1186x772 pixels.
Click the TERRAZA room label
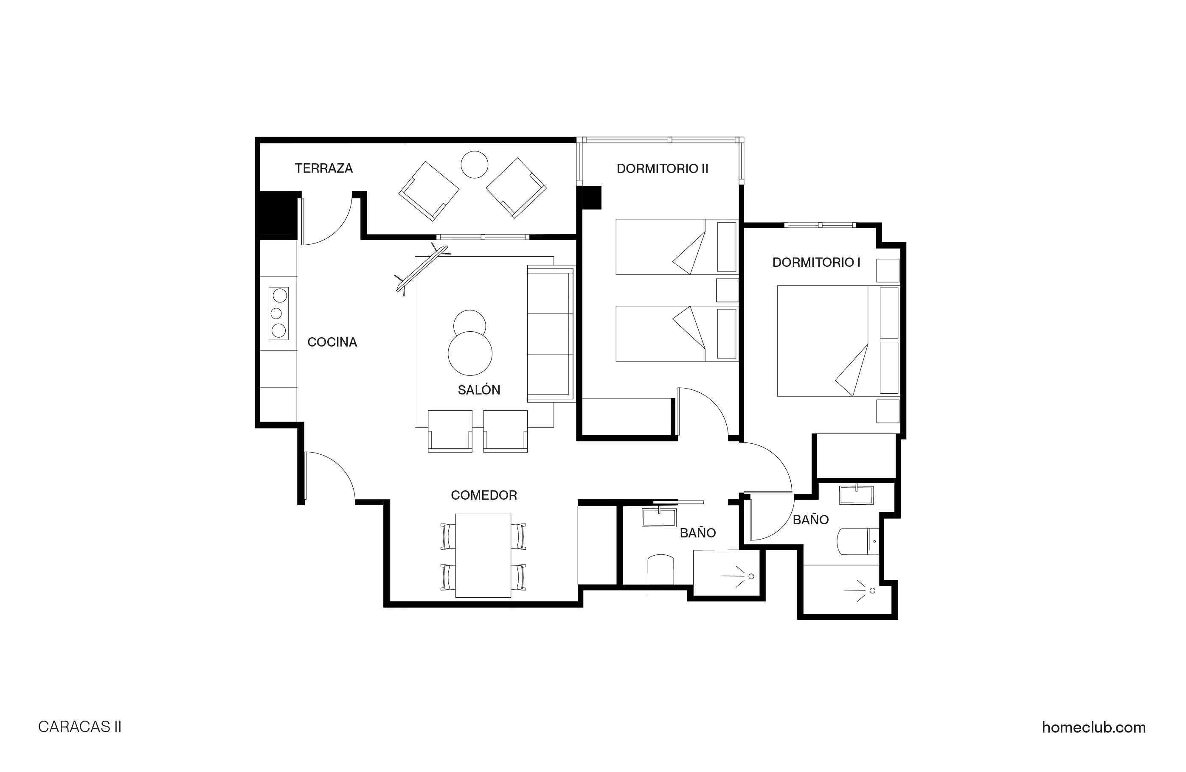tap(323, 168)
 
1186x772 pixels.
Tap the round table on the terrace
tap(474, 164)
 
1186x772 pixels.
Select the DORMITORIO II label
tap(662, 169)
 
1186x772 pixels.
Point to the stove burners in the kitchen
tap(278, 313)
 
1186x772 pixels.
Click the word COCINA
tap(332, 342)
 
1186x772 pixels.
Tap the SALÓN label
tap(478, 390)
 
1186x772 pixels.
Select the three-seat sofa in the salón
tap(550, 334)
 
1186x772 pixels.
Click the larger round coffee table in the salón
tap(470, 354)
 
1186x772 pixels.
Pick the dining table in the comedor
tap(483, 555)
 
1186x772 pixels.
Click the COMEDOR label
tap(483, 495)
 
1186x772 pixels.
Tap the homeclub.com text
tap(1093, 727)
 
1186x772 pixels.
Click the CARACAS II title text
tap(80, 727)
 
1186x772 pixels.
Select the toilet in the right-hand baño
tap(857, 541)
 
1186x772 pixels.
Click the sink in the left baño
tap(659, 518)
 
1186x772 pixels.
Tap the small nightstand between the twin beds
tap(727, 291)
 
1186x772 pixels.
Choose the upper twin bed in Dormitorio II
tap(676, 247)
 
